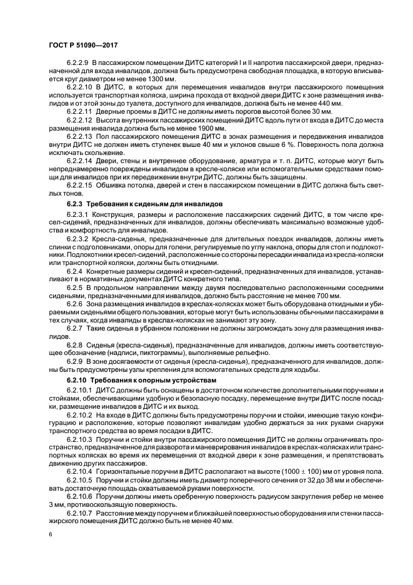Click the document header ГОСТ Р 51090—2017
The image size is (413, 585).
coord(83,45)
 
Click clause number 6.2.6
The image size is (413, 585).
coord(74,303)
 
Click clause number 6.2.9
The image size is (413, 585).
coord(74,361)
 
